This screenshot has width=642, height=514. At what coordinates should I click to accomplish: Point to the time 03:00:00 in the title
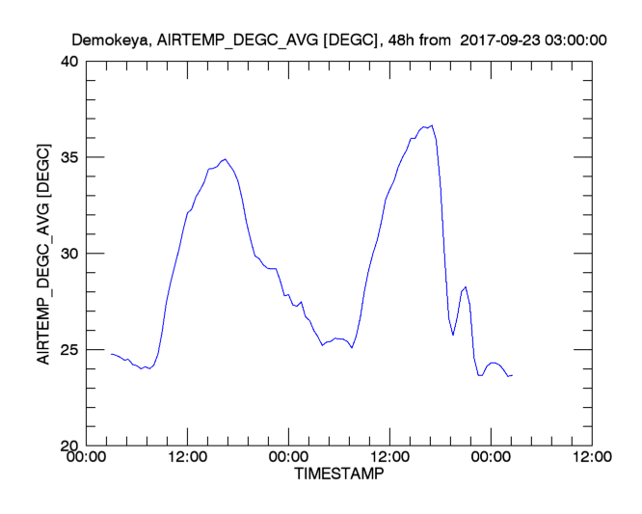coord(575,40)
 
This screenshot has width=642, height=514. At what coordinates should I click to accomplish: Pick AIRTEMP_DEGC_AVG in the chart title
coord(224,40)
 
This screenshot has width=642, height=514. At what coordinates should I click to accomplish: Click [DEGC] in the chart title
coord(331,40)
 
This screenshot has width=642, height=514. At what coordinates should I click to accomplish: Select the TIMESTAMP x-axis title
coord(337,475)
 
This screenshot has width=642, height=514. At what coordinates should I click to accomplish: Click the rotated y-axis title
coord(43,253)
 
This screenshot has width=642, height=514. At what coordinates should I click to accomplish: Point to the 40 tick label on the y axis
coord(70,62)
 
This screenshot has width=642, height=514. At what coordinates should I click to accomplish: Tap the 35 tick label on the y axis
coord(70,157)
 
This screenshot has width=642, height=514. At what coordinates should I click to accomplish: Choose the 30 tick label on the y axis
coord(70,254)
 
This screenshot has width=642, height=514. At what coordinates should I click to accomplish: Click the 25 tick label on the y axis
coord(70,349)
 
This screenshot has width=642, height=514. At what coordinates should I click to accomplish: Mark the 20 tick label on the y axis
coord(70,446)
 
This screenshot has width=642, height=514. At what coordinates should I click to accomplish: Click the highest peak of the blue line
coord(432,125)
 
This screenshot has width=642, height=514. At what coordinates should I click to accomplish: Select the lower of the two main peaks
coord(225,159)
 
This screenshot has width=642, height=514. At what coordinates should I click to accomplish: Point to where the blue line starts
coord(112,354)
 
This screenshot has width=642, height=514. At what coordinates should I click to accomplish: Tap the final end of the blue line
coord(512,375)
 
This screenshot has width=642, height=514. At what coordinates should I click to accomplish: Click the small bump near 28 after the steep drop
coord(466,286)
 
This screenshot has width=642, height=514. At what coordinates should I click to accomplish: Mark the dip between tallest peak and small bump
coord(453,335)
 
